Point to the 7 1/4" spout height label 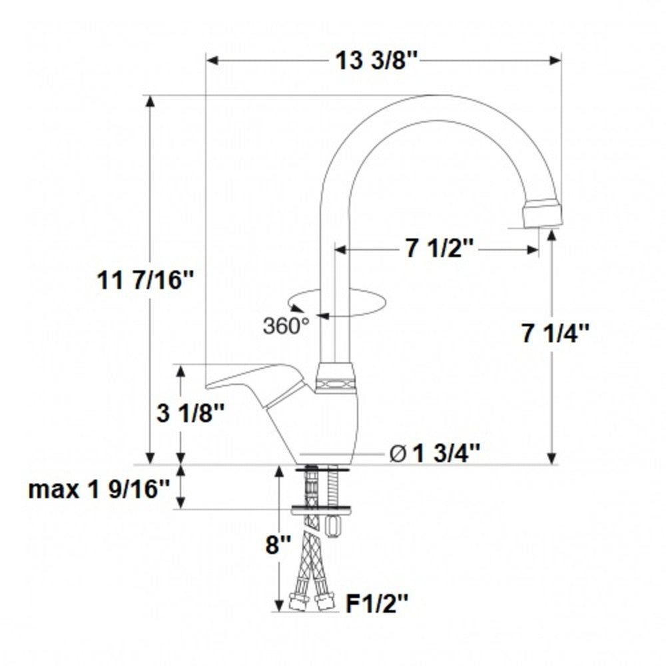[556, 334]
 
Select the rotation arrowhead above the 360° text [297, 308]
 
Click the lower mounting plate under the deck [323, 510]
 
